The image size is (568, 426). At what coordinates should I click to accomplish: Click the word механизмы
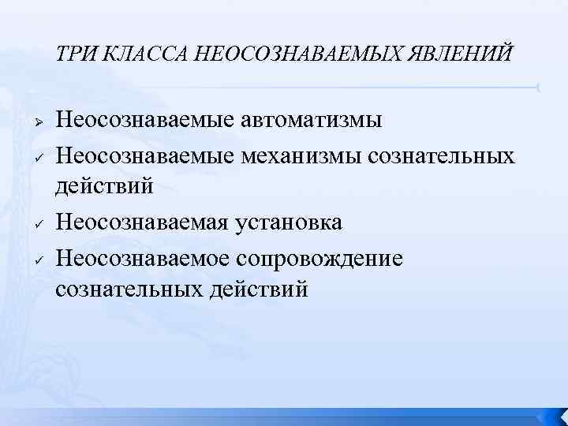(x=290, y=155)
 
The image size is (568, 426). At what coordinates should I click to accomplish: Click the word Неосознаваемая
(x=143, y=223)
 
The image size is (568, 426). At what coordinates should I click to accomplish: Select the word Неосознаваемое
(x=143, y=257)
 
